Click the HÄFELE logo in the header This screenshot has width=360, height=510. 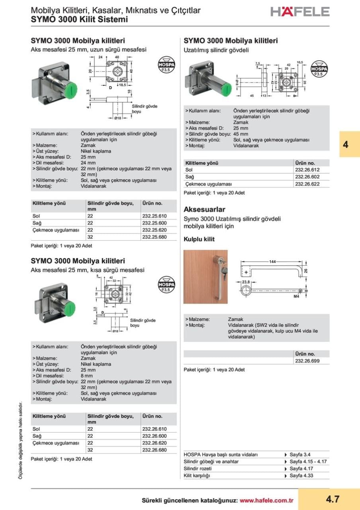pos(299,12)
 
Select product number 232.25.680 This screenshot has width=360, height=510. pos(154,237)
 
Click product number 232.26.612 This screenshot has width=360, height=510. pos(307,170)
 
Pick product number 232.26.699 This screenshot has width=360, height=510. pos(307,361)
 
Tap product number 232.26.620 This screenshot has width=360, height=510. pos(154,443)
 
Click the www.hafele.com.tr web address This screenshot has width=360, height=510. pos(266,500)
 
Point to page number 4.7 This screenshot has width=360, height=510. pos(332,499)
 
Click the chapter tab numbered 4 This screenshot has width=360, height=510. pos(345,144)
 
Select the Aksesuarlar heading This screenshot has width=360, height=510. pos(204,210)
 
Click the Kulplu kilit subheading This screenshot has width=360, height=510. pos(199,239)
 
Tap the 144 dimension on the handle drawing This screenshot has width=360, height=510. pos(272,261)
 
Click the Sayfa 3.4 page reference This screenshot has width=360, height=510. pos(300,455)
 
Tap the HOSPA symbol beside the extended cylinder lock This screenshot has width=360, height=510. pos(319,69)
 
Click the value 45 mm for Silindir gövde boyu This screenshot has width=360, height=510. pos(241,134)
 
